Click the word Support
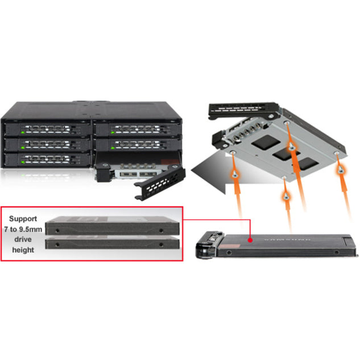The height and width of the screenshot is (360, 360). point(22,218)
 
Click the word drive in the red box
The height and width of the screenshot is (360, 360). point(23,239)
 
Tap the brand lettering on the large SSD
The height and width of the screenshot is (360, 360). point(294,239)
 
